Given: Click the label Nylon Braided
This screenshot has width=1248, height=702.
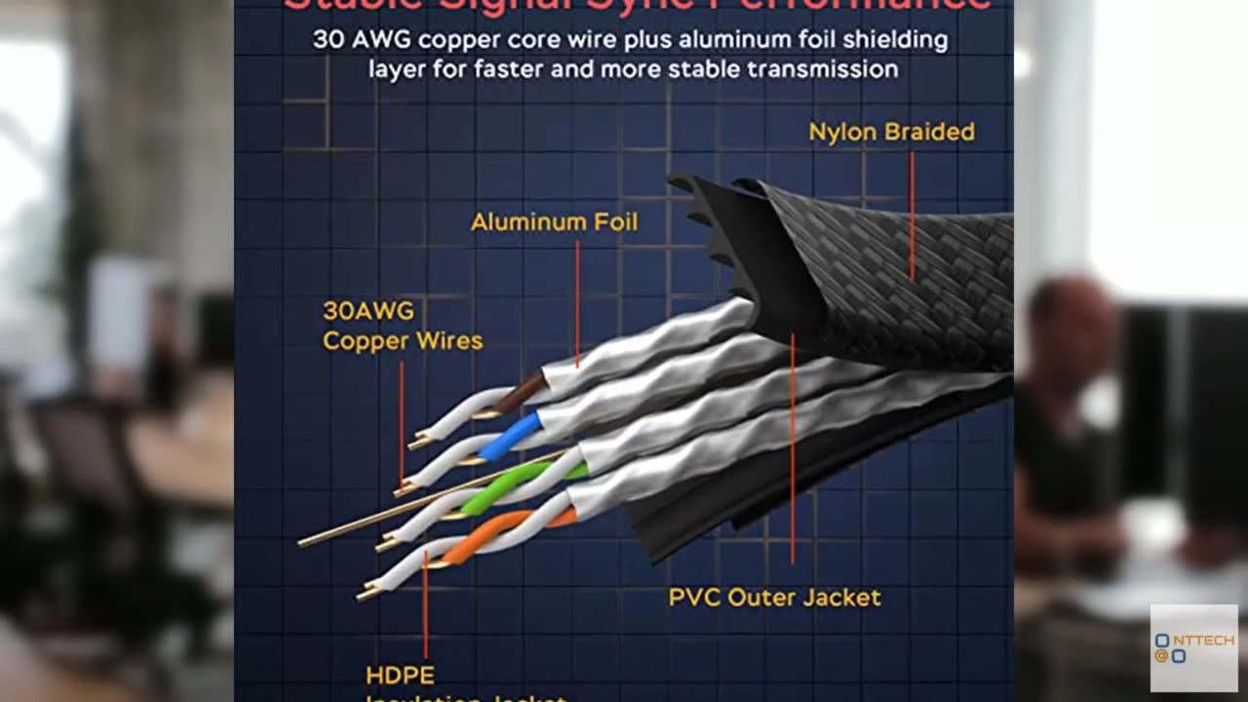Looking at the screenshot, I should [891, 132].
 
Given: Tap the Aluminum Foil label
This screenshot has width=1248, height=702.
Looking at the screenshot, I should [554, 222].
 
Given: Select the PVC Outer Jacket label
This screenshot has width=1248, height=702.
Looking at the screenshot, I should [774, 597].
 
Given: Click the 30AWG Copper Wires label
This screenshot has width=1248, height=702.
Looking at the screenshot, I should [402, 326].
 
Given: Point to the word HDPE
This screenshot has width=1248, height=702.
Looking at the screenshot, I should [400, 675].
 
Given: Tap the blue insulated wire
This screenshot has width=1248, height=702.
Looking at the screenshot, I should [509, 436].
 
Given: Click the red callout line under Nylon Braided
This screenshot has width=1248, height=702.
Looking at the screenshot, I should [912, 214].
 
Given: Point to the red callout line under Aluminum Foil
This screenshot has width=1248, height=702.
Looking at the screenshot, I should [577, 302].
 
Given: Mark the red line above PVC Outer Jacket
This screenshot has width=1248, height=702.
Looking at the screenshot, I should [793, 448].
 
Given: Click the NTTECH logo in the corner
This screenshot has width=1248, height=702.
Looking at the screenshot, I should [1193, 647].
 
